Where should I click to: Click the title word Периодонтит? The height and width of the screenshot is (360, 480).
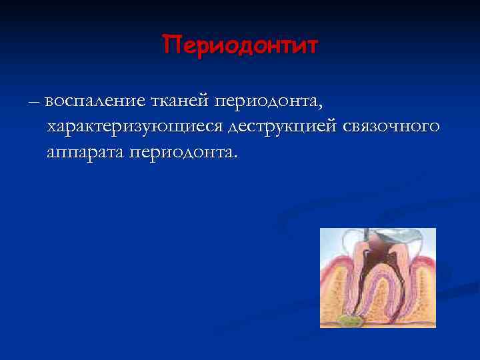[241, 46]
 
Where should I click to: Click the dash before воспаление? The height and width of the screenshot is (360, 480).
[34, 101]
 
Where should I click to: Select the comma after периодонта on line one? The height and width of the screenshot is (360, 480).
[321, 105]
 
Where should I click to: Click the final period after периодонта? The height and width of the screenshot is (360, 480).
[235, 157]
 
